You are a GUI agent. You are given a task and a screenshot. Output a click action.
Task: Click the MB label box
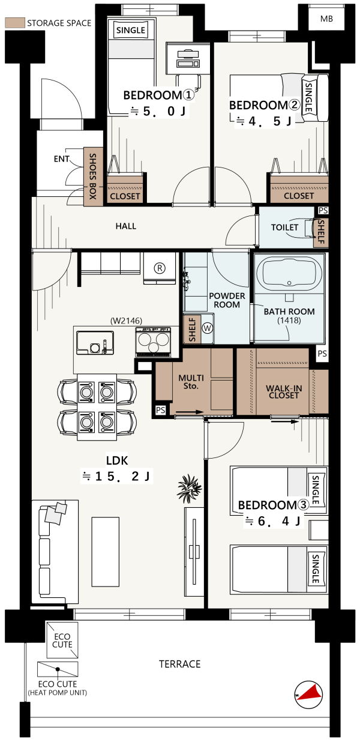[326, 19]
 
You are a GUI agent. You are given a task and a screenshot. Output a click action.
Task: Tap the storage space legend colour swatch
[15, 23]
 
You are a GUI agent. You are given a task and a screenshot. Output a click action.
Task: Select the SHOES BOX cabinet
[93, 176]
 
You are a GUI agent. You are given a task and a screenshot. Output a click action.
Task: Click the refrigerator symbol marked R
[160, 268]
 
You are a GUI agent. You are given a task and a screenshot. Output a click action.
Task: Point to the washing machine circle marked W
[208, 328]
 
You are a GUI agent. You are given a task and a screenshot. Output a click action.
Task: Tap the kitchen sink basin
[95, 343]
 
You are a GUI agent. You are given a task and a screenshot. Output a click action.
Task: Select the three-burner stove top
[153, 342]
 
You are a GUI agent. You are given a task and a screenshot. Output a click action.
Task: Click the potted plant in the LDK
[189, 488]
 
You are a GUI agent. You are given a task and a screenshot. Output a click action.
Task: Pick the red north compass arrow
[311, 693]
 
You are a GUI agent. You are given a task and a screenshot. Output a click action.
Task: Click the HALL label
[126, 226]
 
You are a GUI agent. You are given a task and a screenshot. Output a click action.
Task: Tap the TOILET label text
[284, 228]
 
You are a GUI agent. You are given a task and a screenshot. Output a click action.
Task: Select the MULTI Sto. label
[191, 382]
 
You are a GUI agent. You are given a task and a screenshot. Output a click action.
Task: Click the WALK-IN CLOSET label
[284, 391]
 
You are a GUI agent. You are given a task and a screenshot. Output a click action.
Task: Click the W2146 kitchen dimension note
[126, 321]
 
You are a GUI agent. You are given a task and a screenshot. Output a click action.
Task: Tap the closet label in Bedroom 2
[299, 196]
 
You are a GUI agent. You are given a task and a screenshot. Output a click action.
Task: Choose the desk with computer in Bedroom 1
[188, 58]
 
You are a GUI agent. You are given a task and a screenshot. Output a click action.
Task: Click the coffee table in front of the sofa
[106, 552]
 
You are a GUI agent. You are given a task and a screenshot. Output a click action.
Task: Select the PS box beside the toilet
[323, 210]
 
